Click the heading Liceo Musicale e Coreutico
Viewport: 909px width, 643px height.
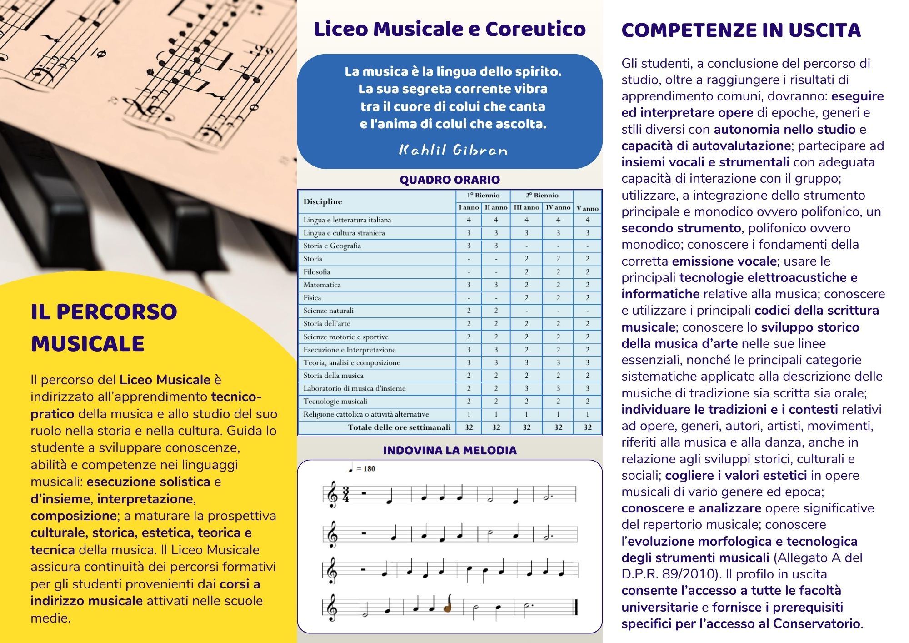click(450, 29)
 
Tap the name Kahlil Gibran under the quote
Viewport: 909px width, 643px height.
click(453, 150)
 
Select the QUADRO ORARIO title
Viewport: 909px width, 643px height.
click(450, 180)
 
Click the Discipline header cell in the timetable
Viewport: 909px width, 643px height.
click(323, 201)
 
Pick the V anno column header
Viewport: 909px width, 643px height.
click(587, 208)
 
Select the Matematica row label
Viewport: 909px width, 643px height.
click(322, 285)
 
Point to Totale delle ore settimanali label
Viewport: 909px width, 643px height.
click(399, 427)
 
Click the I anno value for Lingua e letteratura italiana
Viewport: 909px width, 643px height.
click(469, 220)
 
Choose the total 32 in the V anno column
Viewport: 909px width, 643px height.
click(587, 427)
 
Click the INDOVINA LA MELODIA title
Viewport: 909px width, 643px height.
click(450, 450)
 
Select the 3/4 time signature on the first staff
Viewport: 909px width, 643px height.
click(346, 494)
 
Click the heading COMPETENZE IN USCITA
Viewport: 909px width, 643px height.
click(741, 30)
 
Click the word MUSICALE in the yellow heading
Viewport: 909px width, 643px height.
click(87, 343)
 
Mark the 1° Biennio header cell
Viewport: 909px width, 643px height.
click(483, 196)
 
